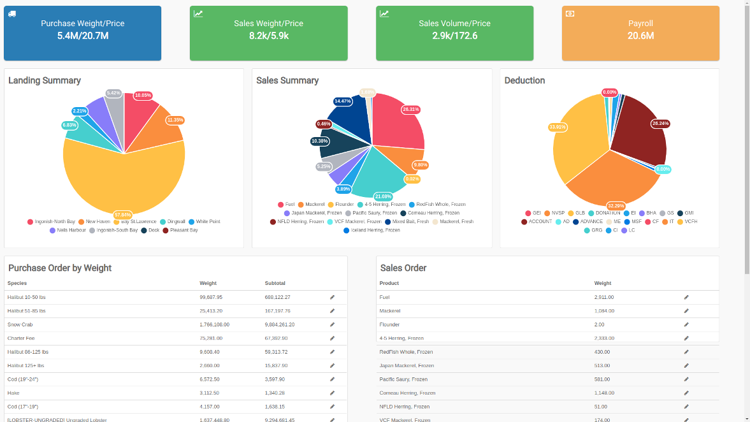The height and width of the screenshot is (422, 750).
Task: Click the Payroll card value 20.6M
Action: click(640, 36)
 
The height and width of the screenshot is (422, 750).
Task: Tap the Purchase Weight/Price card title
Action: click(82, 24)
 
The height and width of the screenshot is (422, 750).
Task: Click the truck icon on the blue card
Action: click(12, 13)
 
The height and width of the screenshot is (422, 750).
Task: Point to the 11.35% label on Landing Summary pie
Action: click(175, 120)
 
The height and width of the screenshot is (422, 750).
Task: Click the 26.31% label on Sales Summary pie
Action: click(411, 109)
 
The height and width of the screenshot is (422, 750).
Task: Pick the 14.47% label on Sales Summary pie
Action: click(343, 101)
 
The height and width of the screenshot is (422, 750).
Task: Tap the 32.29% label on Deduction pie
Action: click(615, 206)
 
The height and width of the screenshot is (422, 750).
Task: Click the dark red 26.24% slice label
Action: click(661, 123)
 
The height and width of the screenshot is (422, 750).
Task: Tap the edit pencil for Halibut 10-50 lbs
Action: click(332, 297)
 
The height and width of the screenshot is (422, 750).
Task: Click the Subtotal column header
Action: click(275, 283)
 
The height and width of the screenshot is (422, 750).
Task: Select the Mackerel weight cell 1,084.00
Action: click(604, 311)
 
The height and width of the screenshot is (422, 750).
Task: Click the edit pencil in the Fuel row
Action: click(686, 297)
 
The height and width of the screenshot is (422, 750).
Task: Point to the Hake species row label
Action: click(13, 393)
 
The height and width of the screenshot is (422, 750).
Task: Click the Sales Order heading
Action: click(403, 268)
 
